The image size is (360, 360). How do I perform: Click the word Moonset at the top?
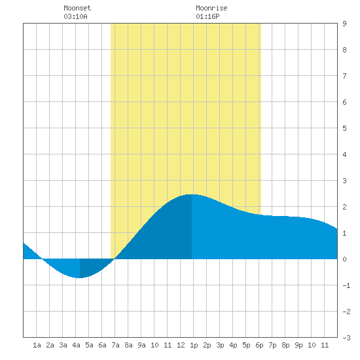point(77,8)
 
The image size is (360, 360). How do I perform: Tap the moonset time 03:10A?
point(75,16)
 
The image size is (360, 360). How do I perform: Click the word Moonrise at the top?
point(211,8)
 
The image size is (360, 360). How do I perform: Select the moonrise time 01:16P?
point(207,16)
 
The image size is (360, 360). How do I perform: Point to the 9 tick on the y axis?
point(344,24)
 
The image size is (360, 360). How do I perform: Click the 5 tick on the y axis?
point(344,128)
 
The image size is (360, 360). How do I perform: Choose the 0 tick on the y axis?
point(344,259)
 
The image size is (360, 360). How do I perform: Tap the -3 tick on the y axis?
point(346,338)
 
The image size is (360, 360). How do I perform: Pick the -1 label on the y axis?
point(346,285)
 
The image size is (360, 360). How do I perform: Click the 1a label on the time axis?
point(37,345)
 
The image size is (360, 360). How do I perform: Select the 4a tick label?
point(76,345)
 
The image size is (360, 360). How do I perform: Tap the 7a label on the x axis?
point(115,345)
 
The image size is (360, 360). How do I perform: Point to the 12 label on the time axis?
point(181,345)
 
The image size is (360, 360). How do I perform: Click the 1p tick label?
point(194,345)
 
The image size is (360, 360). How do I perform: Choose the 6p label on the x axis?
point(259,345)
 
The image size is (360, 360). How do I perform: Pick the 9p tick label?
point(298,345)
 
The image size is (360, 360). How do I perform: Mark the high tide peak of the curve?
point(192,194)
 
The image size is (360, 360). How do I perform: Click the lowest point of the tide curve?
point(79,278)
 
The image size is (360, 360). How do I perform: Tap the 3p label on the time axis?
point(220,345)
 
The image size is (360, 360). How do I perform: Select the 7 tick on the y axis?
point(344,76)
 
